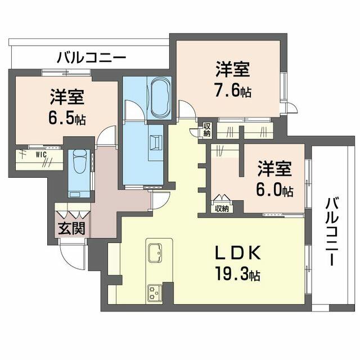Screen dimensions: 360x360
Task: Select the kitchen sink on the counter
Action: click(155, 253)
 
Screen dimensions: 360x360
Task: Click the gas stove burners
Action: click(155, 293)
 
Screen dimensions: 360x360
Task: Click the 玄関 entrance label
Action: click(71, 228)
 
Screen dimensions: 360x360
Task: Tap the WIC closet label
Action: click(41, 155)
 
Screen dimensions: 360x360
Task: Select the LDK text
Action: click(237, 253)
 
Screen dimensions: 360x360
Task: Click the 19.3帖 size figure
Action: click(237, 274)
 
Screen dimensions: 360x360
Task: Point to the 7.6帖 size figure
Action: click(232, 90)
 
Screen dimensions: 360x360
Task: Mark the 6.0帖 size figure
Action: click(274, 190)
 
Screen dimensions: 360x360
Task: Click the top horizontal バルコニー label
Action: click(91, 57)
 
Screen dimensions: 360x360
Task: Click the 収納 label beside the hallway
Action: click(207, 130)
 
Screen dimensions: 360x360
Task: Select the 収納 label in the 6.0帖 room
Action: click(222, 209)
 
